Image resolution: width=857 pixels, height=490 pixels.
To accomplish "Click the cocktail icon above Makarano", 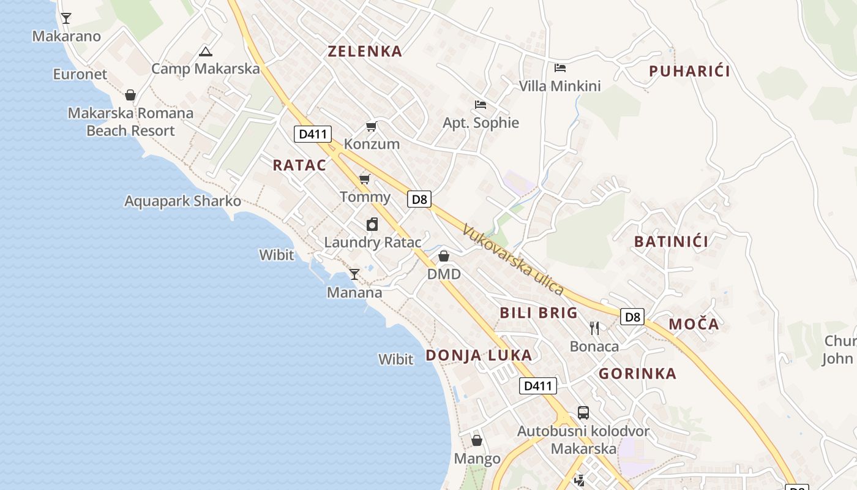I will point(66,18).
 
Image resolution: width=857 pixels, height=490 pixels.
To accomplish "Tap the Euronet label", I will point(80,74).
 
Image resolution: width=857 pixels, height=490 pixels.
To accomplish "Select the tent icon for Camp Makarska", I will point(206,51).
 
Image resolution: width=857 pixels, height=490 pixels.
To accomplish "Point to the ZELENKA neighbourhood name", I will point(365,51).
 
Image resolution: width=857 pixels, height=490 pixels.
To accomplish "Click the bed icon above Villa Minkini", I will point(560,67).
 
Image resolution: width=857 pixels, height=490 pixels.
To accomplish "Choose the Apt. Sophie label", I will point(481,123).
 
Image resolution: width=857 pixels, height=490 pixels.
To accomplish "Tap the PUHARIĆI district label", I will point(689,71).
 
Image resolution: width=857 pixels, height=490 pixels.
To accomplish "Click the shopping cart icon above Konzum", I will point(372,127).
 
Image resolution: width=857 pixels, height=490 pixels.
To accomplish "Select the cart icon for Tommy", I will point(365,179).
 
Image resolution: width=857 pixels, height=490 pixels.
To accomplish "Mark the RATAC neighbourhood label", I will point(299,165).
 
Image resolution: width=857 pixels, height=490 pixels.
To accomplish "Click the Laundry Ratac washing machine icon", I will point(372,224).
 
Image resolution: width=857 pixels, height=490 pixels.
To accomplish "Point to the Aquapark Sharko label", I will point(182,201).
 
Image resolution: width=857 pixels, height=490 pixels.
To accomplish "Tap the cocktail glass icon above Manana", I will point(354,274).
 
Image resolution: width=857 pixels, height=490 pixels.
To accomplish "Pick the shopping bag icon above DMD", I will point(444,256).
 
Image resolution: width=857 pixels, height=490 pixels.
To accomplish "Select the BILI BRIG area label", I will point(539,313).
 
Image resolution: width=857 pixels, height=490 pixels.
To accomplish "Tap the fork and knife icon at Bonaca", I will point(594,328).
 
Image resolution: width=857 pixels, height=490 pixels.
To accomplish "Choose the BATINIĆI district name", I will point(671,241).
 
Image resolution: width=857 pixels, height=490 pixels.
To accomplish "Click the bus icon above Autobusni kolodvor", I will point(583,413).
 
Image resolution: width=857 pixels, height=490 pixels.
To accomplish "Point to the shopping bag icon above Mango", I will point(477,440).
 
